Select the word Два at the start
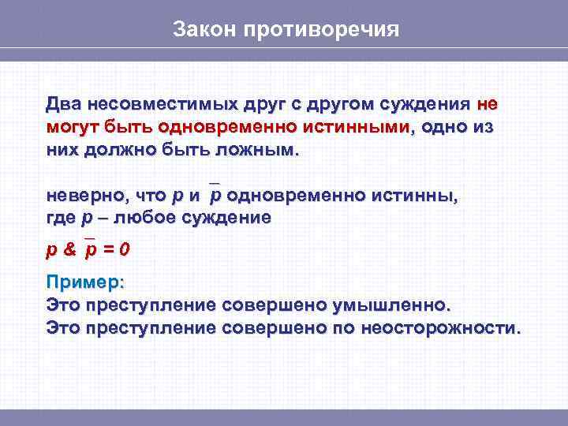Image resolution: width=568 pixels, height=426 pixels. (63, 105)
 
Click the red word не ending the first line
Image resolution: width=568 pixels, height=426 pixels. (487, 105)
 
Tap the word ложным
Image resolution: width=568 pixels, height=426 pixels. (256, 150)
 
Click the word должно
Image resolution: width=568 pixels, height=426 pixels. (120, 150)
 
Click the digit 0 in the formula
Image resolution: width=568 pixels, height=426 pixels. (125, 250)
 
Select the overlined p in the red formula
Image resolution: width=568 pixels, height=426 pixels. (91, 251)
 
